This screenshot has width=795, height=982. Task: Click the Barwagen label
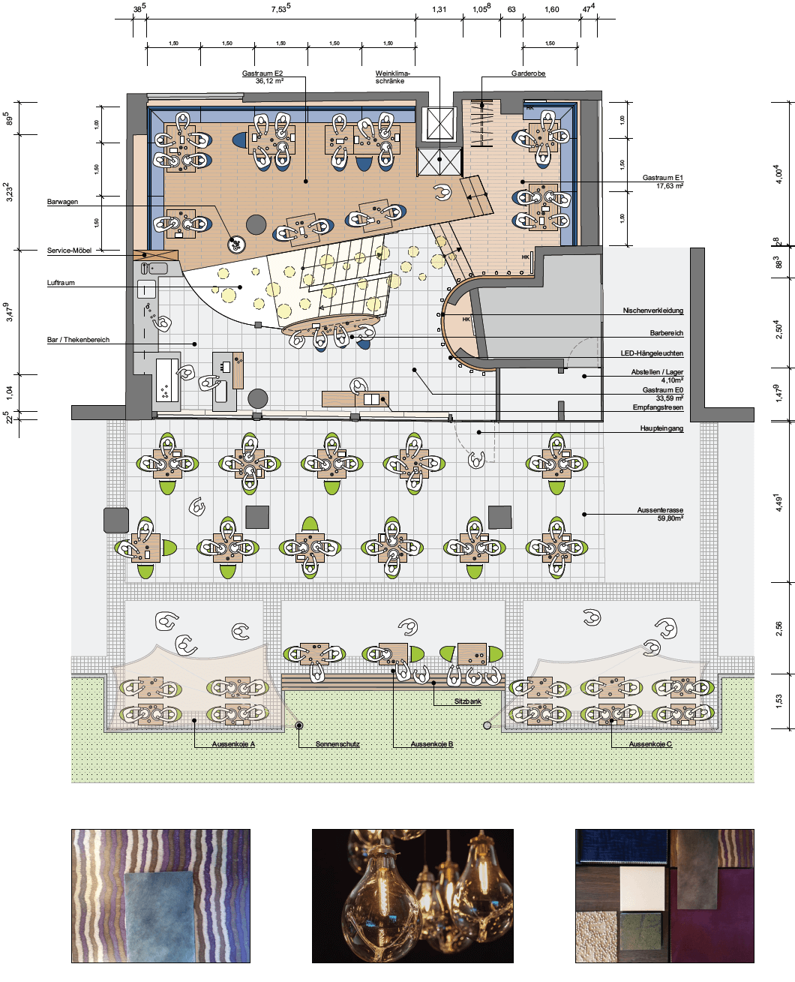[x=63, y=202]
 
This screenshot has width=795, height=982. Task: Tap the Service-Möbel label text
[x=69, y=251]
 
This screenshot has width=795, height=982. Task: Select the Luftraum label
[x=61, y=283]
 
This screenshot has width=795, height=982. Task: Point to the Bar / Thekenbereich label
[x=78, y=340]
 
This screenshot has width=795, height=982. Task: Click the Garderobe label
[x=528, y=74]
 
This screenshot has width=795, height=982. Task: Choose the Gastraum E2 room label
[x=262, y=74]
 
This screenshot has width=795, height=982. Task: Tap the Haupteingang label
[x=661, y=428]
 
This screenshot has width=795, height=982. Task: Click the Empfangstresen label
[x=658, y=407]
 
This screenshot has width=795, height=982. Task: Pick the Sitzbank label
[x=468, y=701]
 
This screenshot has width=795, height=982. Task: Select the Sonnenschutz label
[x=337, y=744]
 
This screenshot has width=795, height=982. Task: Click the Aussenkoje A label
[x=233, y=744]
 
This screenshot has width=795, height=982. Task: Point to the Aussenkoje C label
[x=650, y=744]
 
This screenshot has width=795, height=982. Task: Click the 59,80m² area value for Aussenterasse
[x=670, y=518]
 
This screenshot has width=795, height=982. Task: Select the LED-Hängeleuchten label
[x=652, y=353]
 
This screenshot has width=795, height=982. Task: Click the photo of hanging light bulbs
[x=412, y=895]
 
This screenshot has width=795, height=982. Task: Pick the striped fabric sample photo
[x=160, y=895]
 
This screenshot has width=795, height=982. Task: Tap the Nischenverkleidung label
[x=653, y=311]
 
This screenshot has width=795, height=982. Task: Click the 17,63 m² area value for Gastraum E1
[x=670, y=186]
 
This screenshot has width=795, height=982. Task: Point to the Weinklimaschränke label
[x=392, y=77]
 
